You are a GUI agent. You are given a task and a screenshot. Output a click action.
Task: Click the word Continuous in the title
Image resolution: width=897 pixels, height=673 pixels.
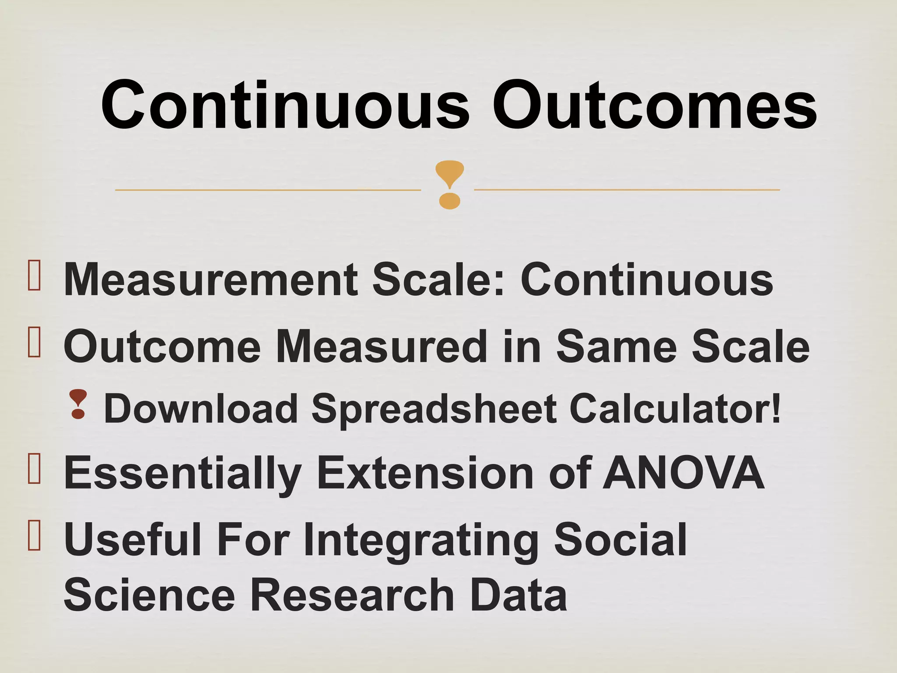(285, 106)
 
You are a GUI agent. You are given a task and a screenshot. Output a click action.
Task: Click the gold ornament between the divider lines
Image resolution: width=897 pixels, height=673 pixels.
(449, 184)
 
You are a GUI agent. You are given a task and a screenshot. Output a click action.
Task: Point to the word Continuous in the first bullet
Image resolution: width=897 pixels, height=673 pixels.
(646, 280)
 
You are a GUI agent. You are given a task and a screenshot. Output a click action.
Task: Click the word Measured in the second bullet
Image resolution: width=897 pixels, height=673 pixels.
(381, 347)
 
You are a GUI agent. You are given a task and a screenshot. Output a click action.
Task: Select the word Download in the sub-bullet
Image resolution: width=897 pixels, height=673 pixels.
(201, 409)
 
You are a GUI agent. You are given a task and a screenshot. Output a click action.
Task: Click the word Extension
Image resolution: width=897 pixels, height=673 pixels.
(425, 474)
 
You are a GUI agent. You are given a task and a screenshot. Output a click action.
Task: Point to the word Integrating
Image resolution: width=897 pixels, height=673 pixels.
(420, 541)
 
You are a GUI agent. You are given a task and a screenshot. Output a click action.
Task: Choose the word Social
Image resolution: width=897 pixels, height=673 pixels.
(620, 540)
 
